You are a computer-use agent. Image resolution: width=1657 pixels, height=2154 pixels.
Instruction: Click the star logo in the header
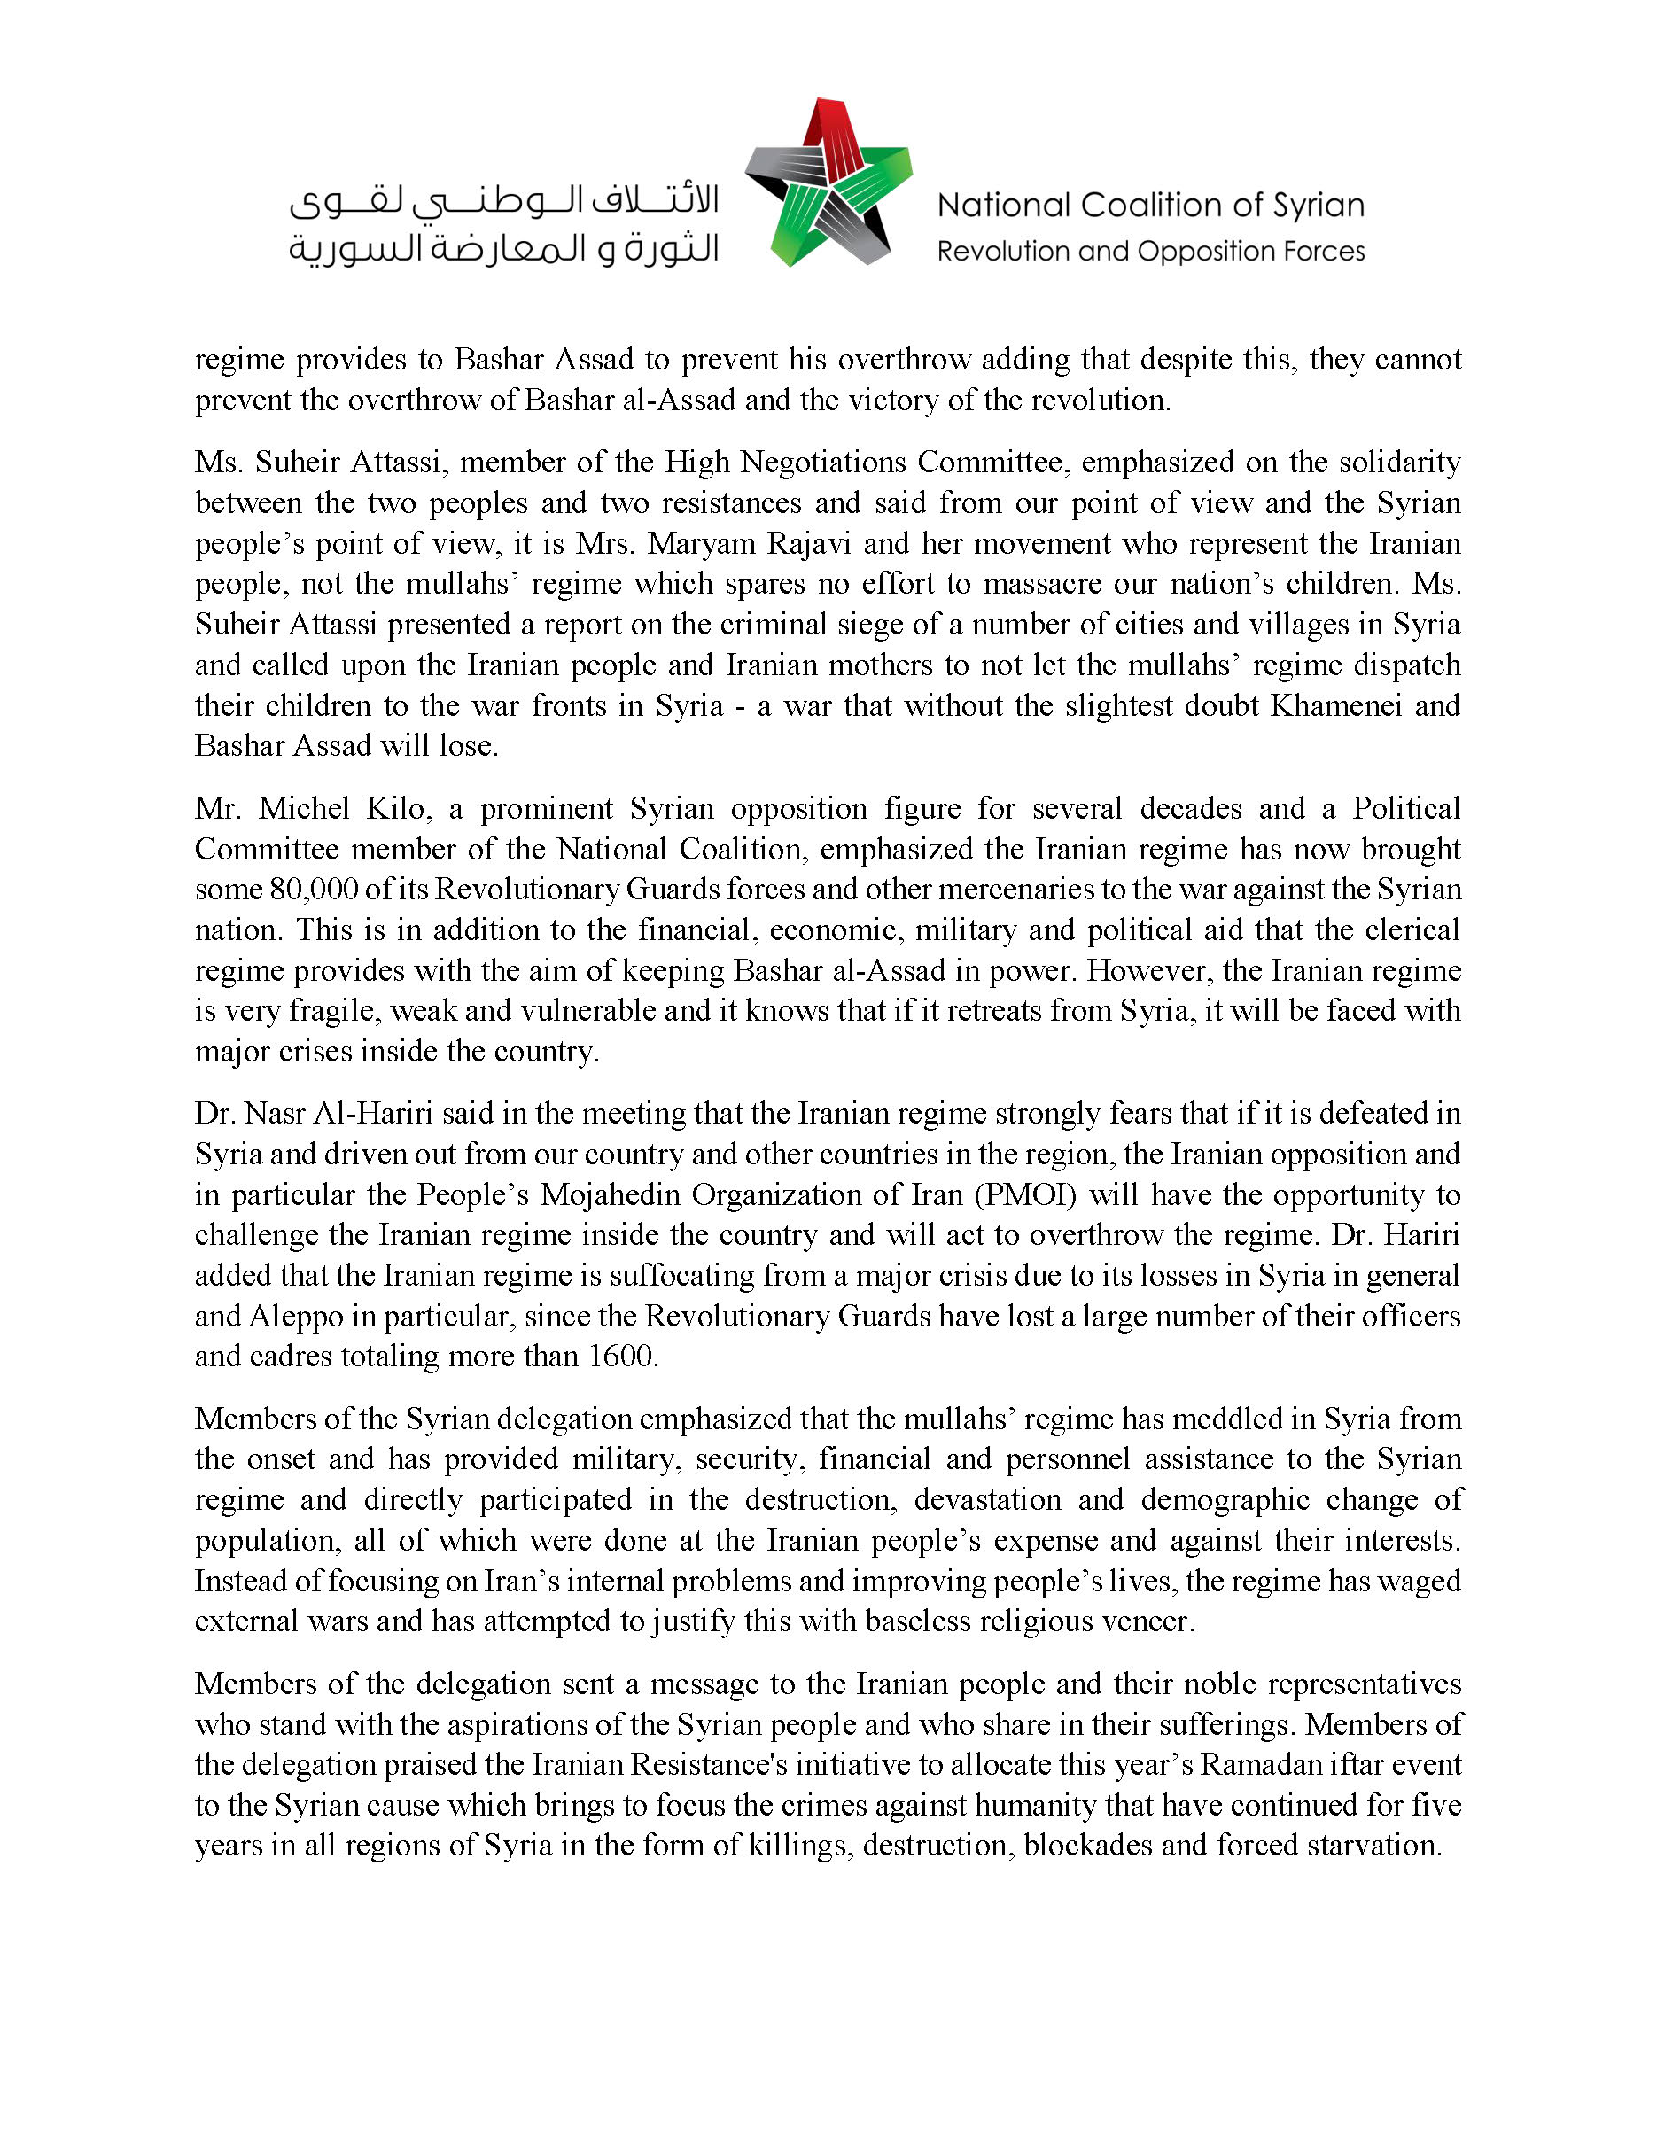tap(828, 183)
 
